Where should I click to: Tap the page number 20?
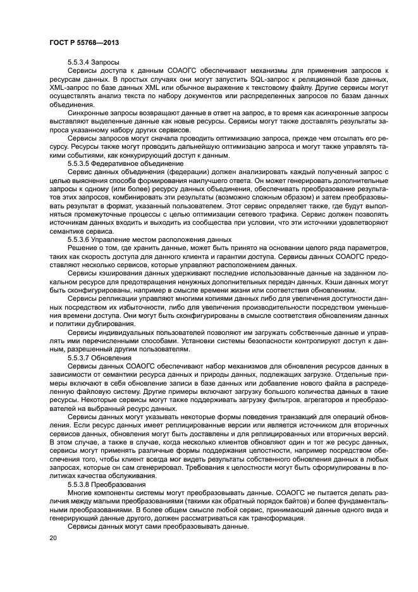tap(52, 538)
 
